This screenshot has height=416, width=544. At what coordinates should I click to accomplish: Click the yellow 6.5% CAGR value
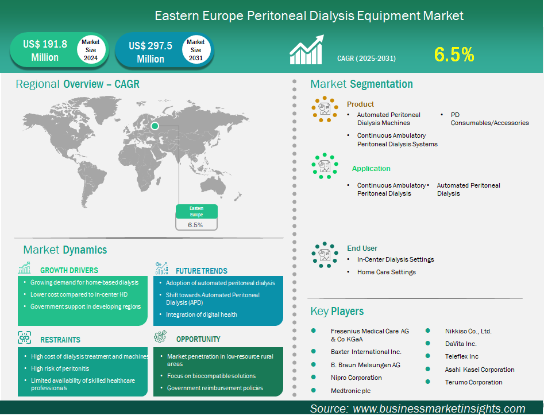click(x=454, y=55)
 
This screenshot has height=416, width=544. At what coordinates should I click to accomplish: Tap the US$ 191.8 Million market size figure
click(x=45, y=50)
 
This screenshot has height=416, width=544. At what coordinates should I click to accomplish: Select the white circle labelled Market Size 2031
click(x=196, y=50)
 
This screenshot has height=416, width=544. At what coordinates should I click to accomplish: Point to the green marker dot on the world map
click(x=155, y=126)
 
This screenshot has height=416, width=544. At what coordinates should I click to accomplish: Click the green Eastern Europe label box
click(x=196, y=212)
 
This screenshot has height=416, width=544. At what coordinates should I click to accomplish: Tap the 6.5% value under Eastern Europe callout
click(x=195, y=225)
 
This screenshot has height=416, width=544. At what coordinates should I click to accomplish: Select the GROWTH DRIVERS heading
click(x=69, y=270)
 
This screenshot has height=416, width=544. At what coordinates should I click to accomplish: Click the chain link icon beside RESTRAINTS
click(x=24, y=337)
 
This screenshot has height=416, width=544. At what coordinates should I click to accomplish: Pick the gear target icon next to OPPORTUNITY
click(x=160, y=336)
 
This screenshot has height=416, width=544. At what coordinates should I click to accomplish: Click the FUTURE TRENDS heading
click(x=201, y=271)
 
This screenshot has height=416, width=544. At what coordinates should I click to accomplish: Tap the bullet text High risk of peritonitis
click(x=60, y=368)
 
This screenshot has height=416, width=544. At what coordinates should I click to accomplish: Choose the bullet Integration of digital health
click(x=202, y=314)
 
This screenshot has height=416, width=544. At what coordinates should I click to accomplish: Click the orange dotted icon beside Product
click(x=325, y=109)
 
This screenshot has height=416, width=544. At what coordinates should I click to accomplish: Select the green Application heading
click(x=371, y=169)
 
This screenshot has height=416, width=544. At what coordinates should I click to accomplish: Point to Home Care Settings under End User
click(x=387, y=272)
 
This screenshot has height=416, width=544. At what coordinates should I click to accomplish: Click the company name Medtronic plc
click(x=351, y=391)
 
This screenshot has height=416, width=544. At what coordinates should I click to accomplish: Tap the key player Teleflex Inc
click(x=462, y=356)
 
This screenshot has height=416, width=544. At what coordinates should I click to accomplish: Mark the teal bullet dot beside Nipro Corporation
click(x=314, y=377)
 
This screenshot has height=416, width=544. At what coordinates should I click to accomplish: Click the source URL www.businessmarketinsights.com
click(x=439, y=409)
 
